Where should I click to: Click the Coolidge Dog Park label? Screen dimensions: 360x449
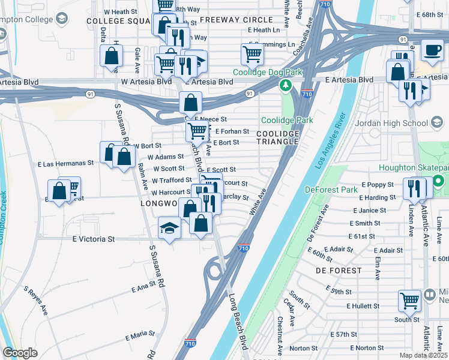pyautogui.click(x=266, y=72)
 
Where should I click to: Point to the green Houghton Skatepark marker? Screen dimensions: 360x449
pyautogui.click(x=439, y=181)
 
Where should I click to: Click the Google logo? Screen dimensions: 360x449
pyautogui.click(x=20, y=353)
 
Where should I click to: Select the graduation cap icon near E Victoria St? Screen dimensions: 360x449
pyautogui.click(x=169, y=229)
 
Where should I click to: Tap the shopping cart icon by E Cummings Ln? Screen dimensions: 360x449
pyautogui.click(x=253, y=55)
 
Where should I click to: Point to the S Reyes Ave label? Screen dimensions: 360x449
pyautogui.click(x=35, y=301)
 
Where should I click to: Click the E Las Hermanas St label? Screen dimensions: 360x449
pyautogui.click(x=66, y=163)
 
